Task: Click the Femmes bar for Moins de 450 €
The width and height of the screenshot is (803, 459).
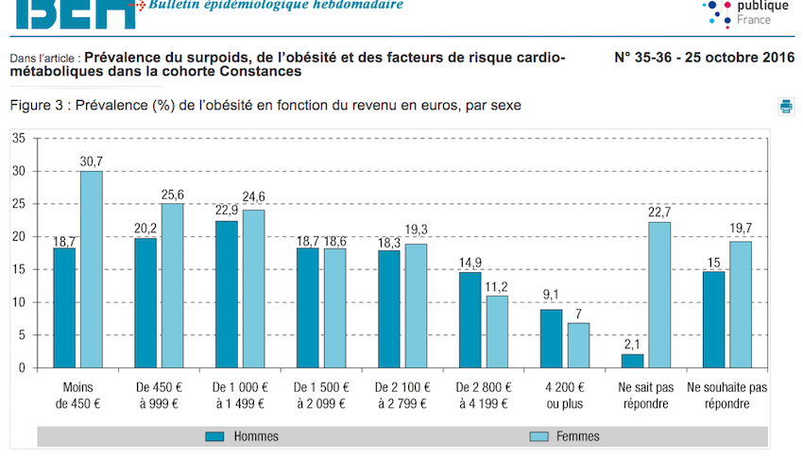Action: (x=91, y=269)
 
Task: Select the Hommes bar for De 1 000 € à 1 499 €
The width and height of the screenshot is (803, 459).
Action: (x=227, y=294)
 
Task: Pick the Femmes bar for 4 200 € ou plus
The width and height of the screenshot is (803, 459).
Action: (x=578, y=345)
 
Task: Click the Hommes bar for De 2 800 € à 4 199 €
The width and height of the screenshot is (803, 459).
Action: (x=470, y=319)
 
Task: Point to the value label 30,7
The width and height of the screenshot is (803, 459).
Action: (x=92, y=161)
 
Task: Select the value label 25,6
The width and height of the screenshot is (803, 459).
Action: (x=173, y=195)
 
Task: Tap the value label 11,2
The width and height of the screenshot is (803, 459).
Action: (x=498, y=287)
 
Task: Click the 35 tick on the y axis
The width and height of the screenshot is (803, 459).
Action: (x=19, y=138)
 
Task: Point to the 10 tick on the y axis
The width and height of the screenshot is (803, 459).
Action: (x=19, y=302)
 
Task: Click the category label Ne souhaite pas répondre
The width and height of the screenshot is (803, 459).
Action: (x=726, y=395)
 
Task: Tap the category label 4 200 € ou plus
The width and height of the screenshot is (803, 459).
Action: (x=565, y=395)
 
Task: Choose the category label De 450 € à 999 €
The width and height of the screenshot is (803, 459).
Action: (x=160, y=395)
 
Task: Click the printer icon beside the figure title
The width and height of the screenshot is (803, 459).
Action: (x=786, y=106)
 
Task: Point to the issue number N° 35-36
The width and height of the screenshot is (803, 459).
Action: (x=652, y=58)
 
